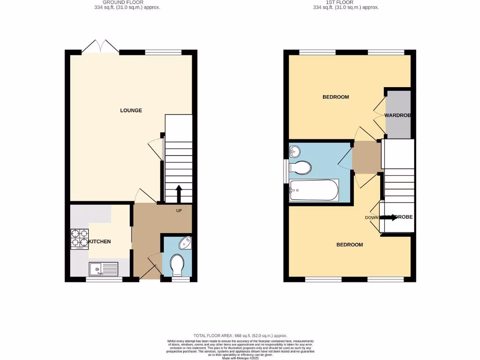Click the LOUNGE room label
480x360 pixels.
click(131, 111)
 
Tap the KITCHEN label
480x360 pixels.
click(100, 241)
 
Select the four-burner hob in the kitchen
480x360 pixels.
click(79, 238)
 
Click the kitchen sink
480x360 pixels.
click(104, 269)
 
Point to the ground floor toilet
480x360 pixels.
click(177, 265)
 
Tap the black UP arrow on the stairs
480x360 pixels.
click(179, 192)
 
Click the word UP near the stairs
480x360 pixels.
click(179, 210)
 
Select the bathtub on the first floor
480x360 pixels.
click(314, 190)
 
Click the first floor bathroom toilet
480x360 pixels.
click(300, 167)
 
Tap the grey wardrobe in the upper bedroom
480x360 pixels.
click(398, 115)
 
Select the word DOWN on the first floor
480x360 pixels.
click(372, 217)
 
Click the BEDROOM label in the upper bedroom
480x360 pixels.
click(336, 97)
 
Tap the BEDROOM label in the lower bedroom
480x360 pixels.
click(350, 245)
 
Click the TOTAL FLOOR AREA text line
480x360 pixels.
click(240, 336)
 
